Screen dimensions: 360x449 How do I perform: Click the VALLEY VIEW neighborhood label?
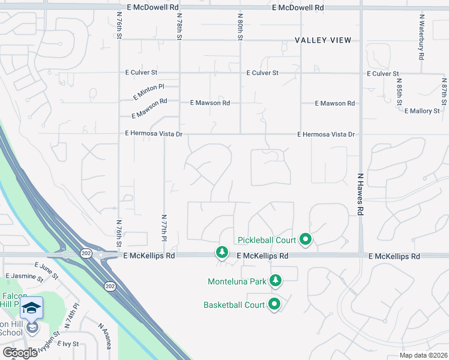(323, 40)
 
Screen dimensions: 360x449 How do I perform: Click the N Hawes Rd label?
(361, 195)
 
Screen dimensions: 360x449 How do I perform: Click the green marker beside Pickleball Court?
(305, 240)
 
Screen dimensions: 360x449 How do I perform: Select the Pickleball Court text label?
(267, 240)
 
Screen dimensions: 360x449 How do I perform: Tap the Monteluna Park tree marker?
(276, 280)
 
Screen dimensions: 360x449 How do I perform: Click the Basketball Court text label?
(234, 305)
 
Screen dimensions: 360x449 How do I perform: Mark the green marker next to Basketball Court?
(274, 304)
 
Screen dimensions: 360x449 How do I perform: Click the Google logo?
(20, 352)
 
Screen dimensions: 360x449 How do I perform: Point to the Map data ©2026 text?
(423, 355)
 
